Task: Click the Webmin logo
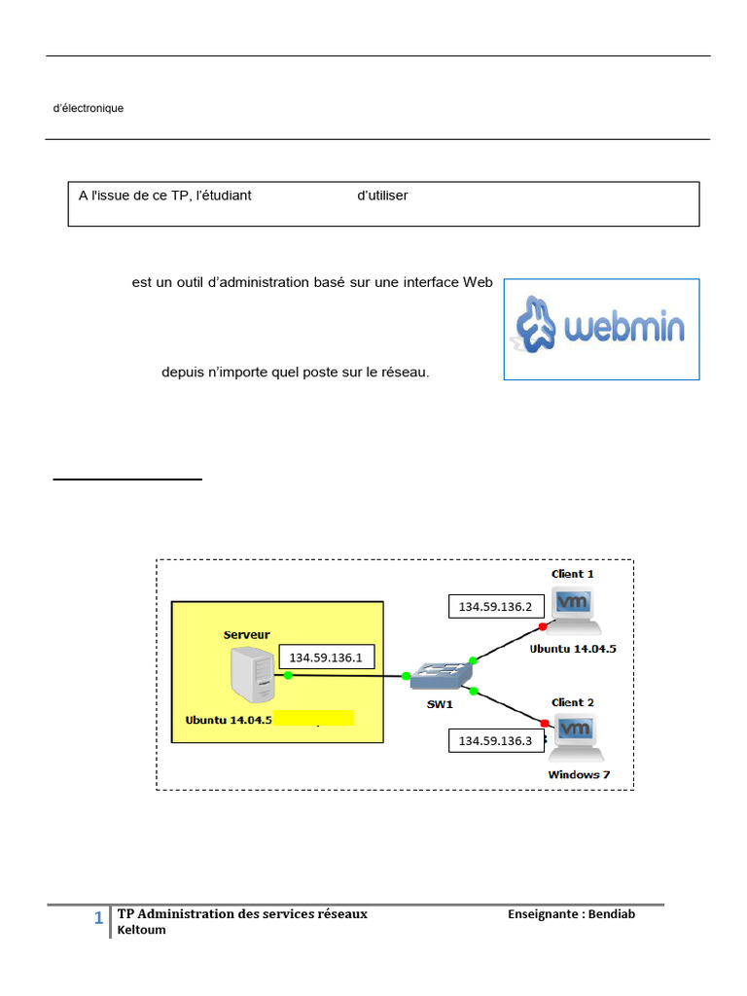pos(600,328)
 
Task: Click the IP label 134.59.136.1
pos(325,657)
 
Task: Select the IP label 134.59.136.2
pos(495,607)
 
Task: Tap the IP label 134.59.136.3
pos(495,741)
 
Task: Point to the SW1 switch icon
pos(441,675)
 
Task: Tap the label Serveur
pos(247,634)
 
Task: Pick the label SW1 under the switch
pos(441,703)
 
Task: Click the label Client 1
pos(573,574)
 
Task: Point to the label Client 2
pos(573,702)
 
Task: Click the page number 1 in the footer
pos(99,919)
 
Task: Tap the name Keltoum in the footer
pos(142,930)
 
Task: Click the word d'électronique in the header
pos(89,109)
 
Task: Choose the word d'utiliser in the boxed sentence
pos(382,196)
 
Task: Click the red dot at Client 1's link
pos(543,627)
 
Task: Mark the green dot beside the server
pos(288,675)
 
